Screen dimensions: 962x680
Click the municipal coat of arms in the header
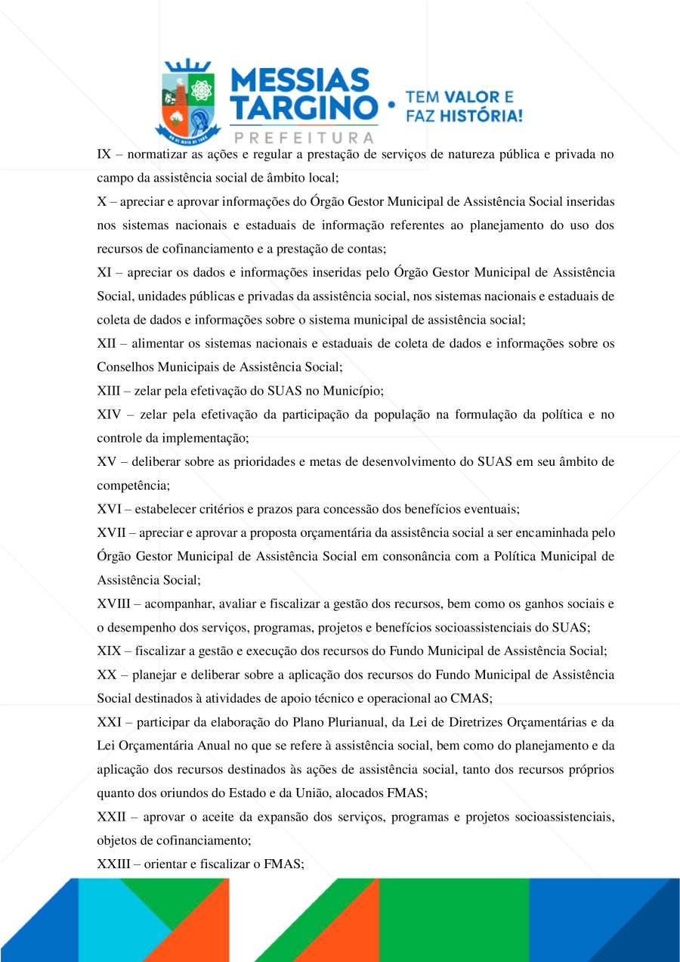(x=187, y=101)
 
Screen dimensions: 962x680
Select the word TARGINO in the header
(x=302, y=108)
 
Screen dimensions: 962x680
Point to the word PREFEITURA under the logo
(x=304, y=138)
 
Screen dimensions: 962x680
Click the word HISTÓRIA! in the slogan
(x=484, y=116)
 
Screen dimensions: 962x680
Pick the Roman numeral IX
(x=104, y=155)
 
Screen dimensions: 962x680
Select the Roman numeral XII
(x=107, y=344)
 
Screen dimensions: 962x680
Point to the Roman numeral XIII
(x=109, y=391)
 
